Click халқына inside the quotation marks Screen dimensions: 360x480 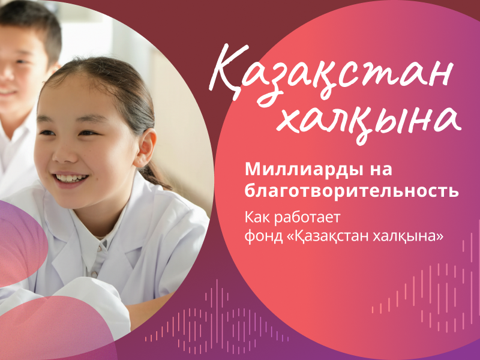coord(407,236)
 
